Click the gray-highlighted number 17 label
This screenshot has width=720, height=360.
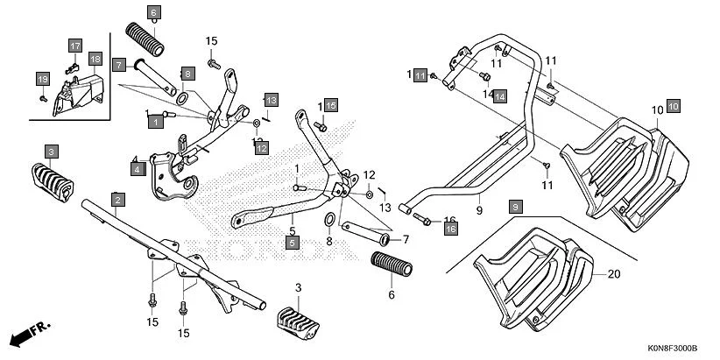(x=74, y=45)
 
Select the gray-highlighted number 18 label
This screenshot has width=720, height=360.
(x=95, y=59)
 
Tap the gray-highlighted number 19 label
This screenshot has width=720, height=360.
(x=41, y=79)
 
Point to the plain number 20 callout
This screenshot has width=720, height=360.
(x=612, y=274)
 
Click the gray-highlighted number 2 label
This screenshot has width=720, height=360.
(x=116, y=198)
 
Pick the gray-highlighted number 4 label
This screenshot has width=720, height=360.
(x=138, y=169)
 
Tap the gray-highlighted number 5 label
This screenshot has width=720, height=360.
(x=293, y=241)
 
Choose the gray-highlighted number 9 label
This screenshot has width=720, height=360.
(x=515, y=206)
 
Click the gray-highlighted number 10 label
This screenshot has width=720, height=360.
(x=673, y=106)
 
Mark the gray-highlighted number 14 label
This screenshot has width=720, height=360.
(x=499, y=96)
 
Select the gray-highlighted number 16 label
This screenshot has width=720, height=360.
(x=451, y=228)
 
